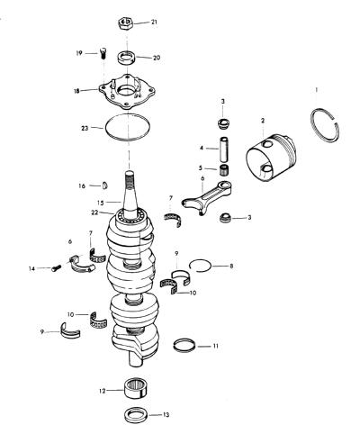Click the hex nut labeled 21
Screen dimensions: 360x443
126,23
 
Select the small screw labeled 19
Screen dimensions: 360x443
103,53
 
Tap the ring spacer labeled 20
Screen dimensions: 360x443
126,58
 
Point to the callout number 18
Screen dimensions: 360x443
76,91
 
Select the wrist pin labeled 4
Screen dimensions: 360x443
225,149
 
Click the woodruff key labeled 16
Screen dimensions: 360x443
105,185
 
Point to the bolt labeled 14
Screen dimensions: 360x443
56,267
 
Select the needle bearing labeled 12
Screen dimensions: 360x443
135,388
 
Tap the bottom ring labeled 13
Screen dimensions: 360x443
135,414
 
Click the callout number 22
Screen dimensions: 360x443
94,212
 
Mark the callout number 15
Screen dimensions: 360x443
100,203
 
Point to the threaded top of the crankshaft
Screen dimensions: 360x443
129,181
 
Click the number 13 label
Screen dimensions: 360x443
166,415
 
